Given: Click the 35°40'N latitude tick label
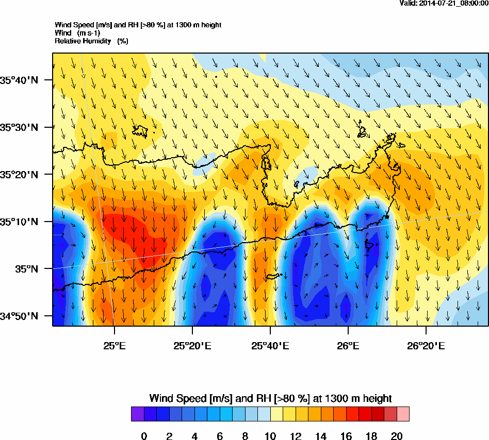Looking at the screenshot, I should pyautogui.click(x=20, y=80).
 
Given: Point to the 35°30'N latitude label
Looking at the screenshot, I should pyautogui.click(x=20, y=127).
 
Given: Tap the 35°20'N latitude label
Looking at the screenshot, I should pyautogui.click(x=20, y=175).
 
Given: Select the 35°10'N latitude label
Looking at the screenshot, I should pyautogui.click(x=20, y=222).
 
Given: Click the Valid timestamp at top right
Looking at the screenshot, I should pyautogui.click(x=444, y=3).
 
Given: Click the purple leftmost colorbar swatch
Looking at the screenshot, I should pyautogui.click(x=137, y=414).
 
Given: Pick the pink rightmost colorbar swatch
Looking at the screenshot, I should pyautogui.click(x=403, y=414).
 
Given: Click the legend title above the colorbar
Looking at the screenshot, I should pyautogui.click(x=270, y=398).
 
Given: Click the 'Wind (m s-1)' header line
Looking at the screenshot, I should pyautogui.click(x=77, y=33).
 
